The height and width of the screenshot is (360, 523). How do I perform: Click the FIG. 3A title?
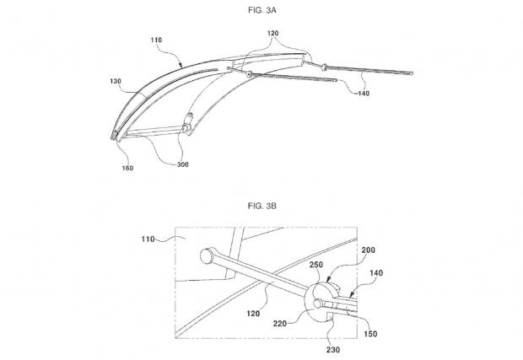pos(262,10)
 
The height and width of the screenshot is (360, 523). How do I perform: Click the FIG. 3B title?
pos(262,206)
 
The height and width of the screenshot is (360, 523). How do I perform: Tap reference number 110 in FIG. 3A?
pos(156,40)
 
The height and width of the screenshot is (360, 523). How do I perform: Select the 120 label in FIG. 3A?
pos(272,33)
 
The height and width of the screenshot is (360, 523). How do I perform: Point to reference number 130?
pos(116,81)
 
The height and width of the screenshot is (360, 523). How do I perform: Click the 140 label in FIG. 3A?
pos(364,94)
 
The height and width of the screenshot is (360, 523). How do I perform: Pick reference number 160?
pos(127,168)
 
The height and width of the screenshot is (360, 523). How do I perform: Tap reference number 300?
pos(183,164)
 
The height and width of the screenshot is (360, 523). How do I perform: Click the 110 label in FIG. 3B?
pos(148,239)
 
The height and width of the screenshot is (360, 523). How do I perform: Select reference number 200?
pos(368,250)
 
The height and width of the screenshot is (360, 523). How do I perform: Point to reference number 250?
pos(316,265)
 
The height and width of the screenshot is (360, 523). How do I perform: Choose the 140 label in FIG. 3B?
pos(376,273)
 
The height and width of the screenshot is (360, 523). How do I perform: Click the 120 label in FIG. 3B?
pos(253,314)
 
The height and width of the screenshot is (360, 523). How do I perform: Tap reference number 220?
pos(280,324)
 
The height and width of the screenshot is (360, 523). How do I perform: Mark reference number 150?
pos(370,334)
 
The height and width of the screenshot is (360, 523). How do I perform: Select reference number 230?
pos(333,350)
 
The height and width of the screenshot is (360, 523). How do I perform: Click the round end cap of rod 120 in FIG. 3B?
pos(206,256)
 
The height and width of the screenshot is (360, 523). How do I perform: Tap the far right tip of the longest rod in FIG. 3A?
pos(412,73)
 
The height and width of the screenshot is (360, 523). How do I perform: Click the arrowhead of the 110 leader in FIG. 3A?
pos(181,65)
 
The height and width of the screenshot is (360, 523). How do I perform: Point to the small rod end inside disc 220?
pos(318,303)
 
